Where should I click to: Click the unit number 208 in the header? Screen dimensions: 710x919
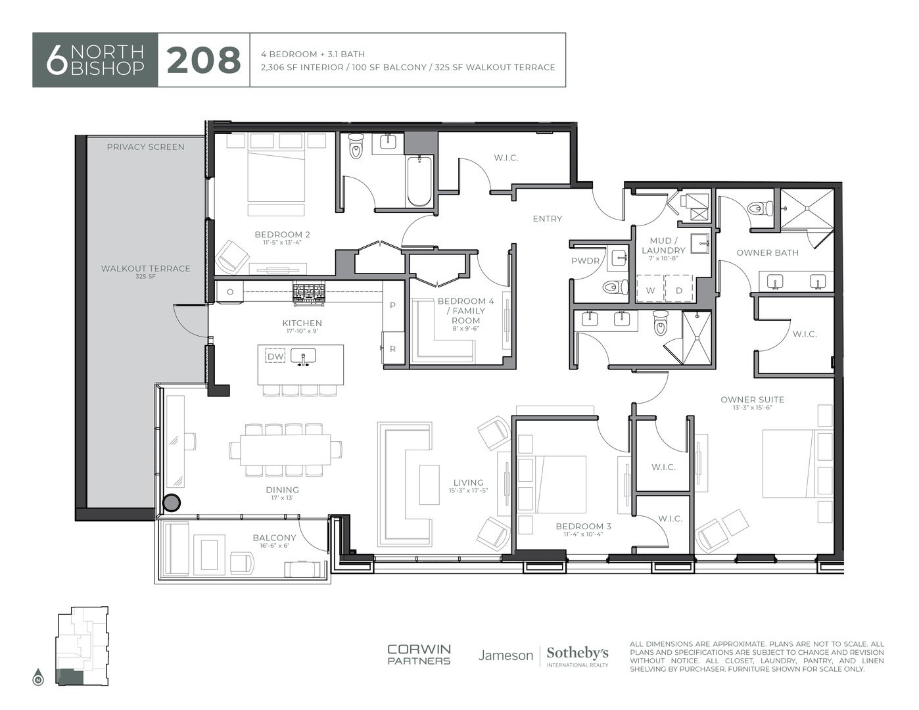[203, 60]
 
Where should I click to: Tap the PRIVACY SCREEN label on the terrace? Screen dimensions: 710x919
[145, 147]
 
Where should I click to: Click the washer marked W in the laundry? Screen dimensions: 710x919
[649, 289]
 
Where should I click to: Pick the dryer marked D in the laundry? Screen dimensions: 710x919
[678, 289]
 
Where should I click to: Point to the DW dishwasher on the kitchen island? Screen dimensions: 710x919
[275, 356]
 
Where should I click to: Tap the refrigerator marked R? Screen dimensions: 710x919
[392, 348]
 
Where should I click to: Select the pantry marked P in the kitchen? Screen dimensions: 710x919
[392, 305]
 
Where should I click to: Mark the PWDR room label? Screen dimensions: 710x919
[585, 260]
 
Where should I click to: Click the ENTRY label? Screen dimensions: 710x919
[547, 218]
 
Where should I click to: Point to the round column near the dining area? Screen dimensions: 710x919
[171, 502]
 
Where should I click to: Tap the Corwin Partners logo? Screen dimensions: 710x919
[419, 655]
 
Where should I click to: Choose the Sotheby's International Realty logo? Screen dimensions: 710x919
[577, 655]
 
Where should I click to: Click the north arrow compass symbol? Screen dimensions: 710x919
[38, 678]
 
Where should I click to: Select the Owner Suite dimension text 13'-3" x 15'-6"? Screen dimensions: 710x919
[752, 408]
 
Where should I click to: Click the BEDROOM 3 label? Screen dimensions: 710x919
[583, 526]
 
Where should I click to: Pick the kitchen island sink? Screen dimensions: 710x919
[303, 356]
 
